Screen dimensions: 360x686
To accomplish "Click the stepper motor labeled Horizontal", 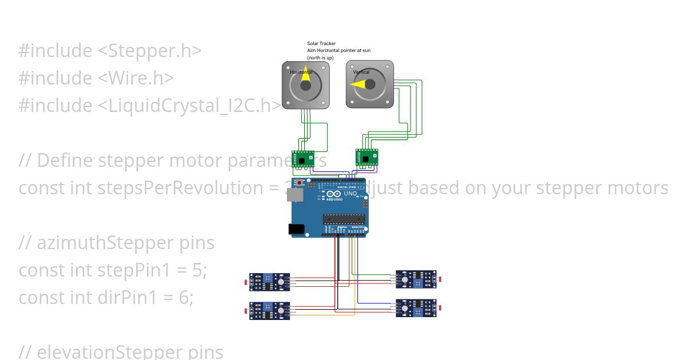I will pyautogui.click(x=306, y=85).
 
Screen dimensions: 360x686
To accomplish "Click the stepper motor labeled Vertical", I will pyautogui.click(x=370, y=85).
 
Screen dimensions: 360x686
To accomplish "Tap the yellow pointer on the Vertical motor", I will pyautogui.click(x=358, y=85).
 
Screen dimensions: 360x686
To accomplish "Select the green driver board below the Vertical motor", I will pyautogui.click(x=366, y=157).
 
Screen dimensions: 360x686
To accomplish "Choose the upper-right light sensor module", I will pyautogui.click(x=416, y=279).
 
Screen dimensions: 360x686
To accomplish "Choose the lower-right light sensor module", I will pyautogui.click(x=416, y=308).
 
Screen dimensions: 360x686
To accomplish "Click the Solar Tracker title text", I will pyautogui.click(x=321, y=43).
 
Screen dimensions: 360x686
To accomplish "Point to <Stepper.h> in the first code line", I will pyautogui.click(x=150, y=51).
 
